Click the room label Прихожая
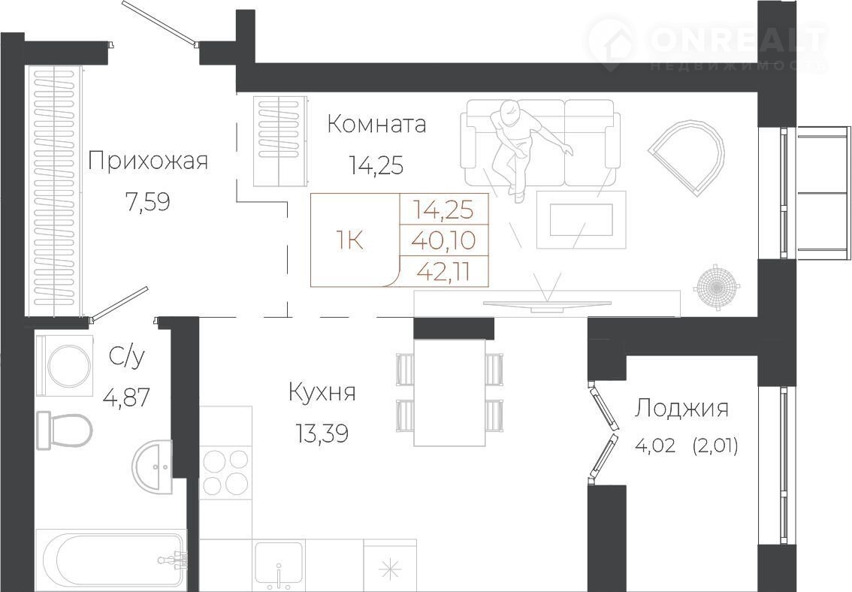pyautogui.click(x=148, y=162)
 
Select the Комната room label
pyautogui.click(x=376, y=125)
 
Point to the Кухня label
pyautogui.click(x=322, y=392)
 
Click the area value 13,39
pyautogui.click(x=322, y=433)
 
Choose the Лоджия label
pyautogui.click(x=682, y=409)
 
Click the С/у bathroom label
pyautogui.click(x=127, y=358)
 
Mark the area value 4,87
pyautogui.click(x=126, y=398)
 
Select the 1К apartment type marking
pyautogui.click(x=349, y=240)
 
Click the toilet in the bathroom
pyautogui.click(x=64, y=430)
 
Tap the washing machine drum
pyautogui.click(x=68, y=366)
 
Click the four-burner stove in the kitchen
pyautogui.click(x=225, y=473)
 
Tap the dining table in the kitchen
pyautogui.click(x=449, y=392)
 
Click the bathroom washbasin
pyautogui.click(x=153, y=467)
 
